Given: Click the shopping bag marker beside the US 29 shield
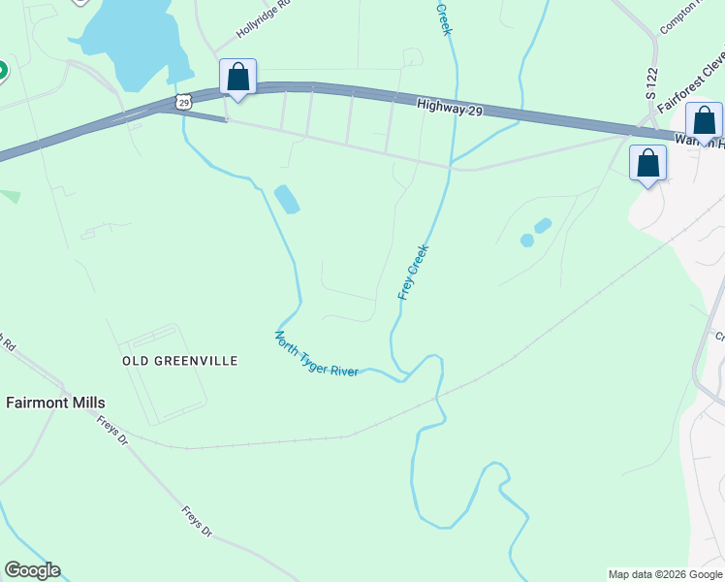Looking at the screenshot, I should (237, 78).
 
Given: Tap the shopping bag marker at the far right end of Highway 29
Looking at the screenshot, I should (704, 121).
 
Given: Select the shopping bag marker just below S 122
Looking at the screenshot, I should (647, 163).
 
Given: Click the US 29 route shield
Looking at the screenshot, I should (184, 101).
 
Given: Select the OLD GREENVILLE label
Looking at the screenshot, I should (179, 361).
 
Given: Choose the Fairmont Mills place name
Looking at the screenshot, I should (56, 402).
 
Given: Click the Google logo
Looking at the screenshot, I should (32, 570).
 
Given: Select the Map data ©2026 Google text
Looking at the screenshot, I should (665, 574).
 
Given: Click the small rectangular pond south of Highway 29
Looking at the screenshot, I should (287, 199).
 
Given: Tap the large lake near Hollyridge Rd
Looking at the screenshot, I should (136, 39).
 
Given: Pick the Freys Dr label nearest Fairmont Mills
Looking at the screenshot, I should (112, 430).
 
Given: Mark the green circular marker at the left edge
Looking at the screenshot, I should (2, 71).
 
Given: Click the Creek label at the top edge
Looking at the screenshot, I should (445, 17).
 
